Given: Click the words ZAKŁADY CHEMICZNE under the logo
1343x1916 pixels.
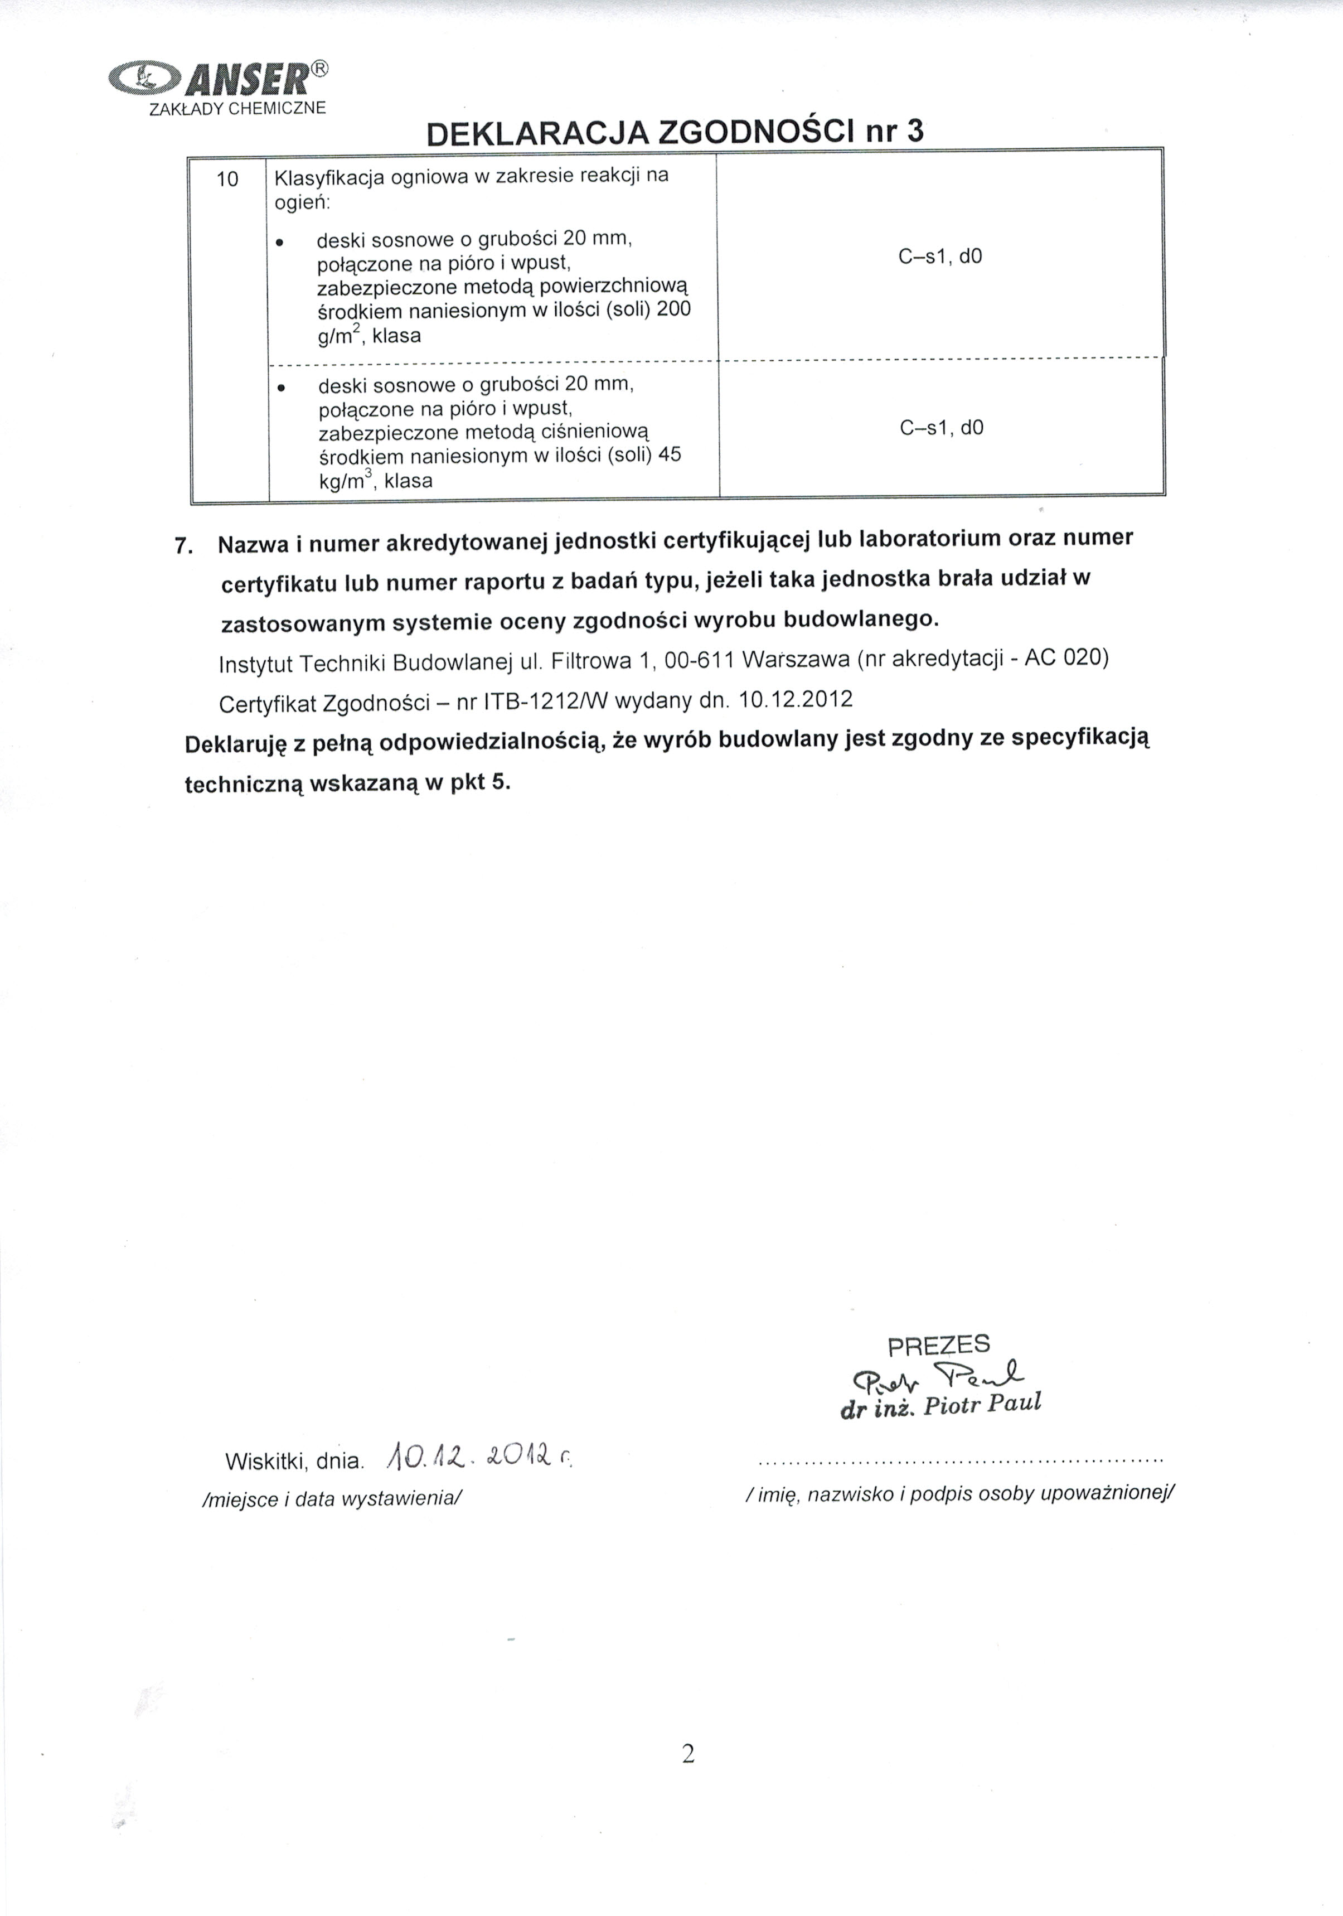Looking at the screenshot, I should pyautogui.click(x=236, y=109).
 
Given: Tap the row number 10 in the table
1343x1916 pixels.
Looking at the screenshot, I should pyautogui.click(x=227, y=178).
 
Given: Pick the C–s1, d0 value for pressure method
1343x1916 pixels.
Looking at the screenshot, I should pyautogui.click(x=942, y=428).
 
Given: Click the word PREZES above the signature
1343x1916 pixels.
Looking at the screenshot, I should pyautogui.click(x=938, y=1345).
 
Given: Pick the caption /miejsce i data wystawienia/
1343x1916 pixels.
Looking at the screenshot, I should pyautogui.click(x=332, y=1499).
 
